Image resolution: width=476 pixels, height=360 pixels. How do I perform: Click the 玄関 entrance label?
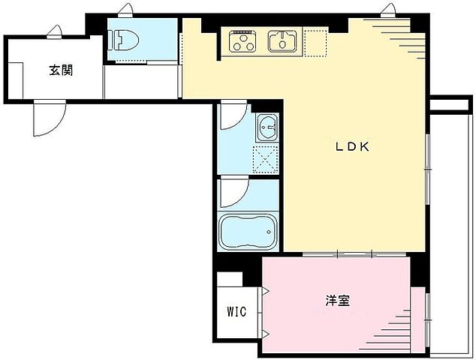pyautogui.click(x=61, y=71)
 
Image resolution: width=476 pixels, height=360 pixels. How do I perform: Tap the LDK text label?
pyautogui.click(x=352, y=147)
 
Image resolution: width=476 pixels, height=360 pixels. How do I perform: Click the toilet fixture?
pyautogui.click(x=123, y=39)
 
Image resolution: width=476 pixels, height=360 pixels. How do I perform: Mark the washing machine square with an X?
pyautogui.click(x=267, y=158)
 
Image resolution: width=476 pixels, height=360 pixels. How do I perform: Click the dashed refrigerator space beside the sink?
pyautogui.click(x=316, y=42)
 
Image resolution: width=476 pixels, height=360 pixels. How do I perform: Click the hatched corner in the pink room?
pyautogui.click(x=398, y=334)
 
